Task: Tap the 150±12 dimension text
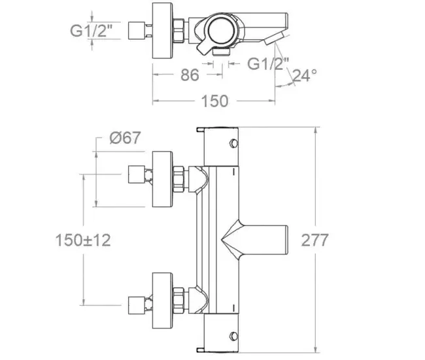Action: [x=82, y=240]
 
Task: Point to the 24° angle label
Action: [x=304, y=76]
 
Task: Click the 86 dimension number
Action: [x=190, y=75]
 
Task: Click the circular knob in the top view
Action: [x=220, y=30]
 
